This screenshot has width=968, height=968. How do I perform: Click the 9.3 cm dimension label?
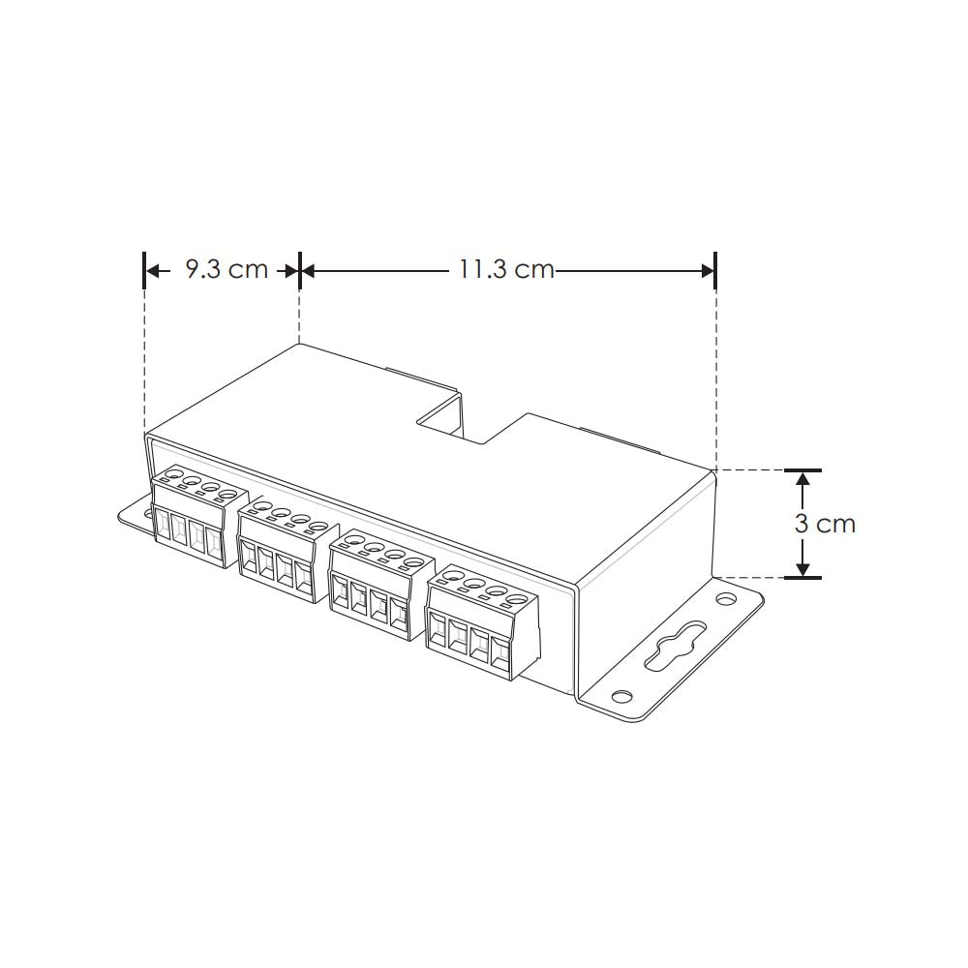point(226,269)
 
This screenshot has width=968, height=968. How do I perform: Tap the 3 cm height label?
point(825,524)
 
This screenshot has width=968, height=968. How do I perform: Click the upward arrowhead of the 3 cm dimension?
point(802,481)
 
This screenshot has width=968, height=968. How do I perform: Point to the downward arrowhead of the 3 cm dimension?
point(802,567)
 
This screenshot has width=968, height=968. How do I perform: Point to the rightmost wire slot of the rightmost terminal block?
point(500,652)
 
